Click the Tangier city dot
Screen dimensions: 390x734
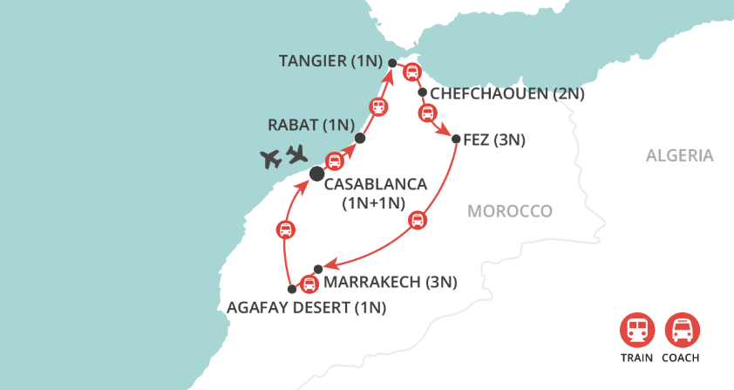[x=391, y=63]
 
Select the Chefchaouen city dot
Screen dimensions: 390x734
[x=422, y=92]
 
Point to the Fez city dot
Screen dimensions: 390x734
[x=456, y=138]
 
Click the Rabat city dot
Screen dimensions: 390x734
[x=360, y=139]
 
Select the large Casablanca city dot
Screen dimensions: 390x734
[x=316, y=174]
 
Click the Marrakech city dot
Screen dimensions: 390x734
[x=318, y=268]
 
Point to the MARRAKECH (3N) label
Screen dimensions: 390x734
[x=390, y=282]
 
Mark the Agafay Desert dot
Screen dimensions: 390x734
[x=291, y=289]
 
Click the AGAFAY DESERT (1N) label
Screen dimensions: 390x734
[x=306, y=307]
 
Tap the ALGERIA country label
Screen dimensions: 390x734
[x=679, y=156]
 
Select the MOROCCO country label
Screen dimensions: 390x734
[x=510, y=211]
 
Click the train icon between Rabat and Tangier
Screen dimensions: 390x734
[x=378, y=107]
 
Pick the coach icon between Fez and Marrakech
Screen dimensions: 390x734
[x=418, y=220]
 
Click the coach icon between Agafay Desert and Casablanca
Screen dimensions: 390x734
[x=285, y=230]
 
